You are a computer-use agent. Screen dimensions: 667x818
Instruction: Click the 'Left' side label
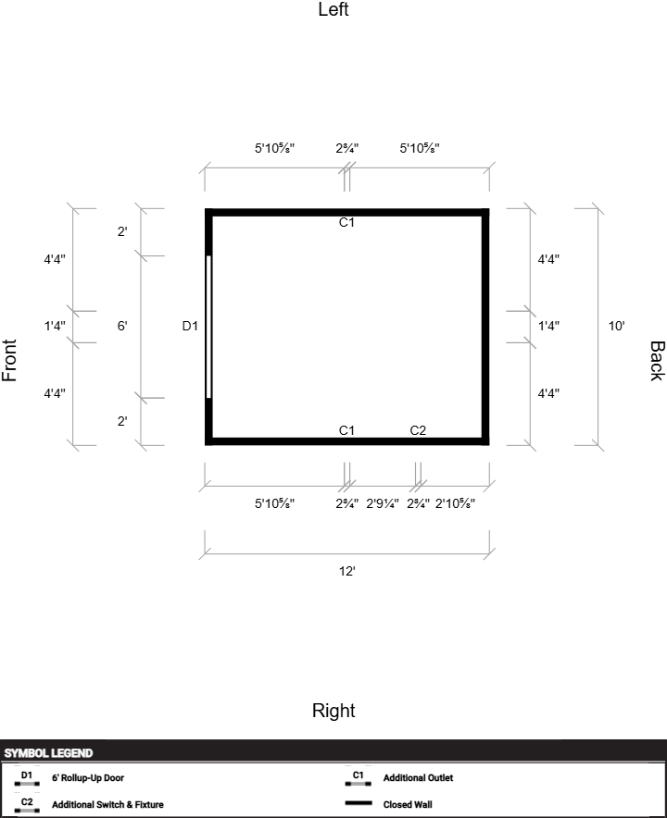coord(333,9)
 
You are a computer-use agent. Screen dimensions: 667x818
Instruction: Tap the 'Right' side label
coord(333,711)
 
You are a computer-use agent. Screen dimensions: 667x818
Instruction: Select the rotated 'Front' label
coord(9,361)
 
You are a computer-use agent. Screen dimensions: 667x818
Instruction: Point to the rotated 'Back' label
coord(657,361)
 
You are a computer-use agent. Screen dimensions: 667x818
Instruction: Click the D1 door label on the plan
coord(190,326)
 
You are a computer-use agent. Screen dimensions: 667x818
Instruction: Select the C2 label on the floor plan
coord(418,430)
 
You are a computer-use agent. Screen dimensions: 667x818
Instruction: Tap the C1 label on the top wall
coord(346,222)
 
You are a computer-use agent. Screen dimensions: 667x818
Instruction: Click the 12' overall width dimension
coord(346,571)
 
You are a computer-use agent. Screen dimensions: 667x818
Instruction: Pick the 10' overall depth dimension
coord(616,326)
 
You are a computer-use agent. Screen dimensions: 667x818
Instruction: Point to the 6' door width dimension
coord(122,326)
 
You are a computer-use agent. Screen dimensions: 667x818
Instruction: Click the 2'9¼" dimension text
coord(383,503)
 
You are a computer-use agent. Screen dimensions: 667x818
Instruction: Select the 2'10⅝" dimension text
coord(455,503)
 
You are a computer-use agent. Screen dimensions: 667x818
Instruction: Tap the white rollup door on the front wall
coord(209,327)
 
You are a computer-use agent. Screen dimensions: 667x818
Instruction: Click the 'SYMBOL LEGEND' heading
coord(48,753)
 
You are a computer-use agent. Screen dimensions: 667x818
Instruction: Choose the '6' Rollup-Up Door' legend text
coord(88,778)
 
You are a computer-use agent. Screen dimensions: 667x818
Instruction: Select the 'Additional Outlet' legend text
coord(418,778)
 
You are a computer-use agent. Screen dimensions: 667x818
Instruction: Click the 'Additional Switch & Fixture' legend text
coord(107,804)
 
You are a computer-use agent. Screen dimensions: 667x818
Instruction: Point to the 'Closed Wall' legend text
coord(408,804)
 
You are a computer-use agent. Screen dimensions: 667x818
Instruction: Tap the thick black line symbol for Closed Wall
coord(359,803)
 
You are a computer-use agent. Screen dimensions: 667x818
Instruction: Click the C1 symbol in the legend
coord(359,778)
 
